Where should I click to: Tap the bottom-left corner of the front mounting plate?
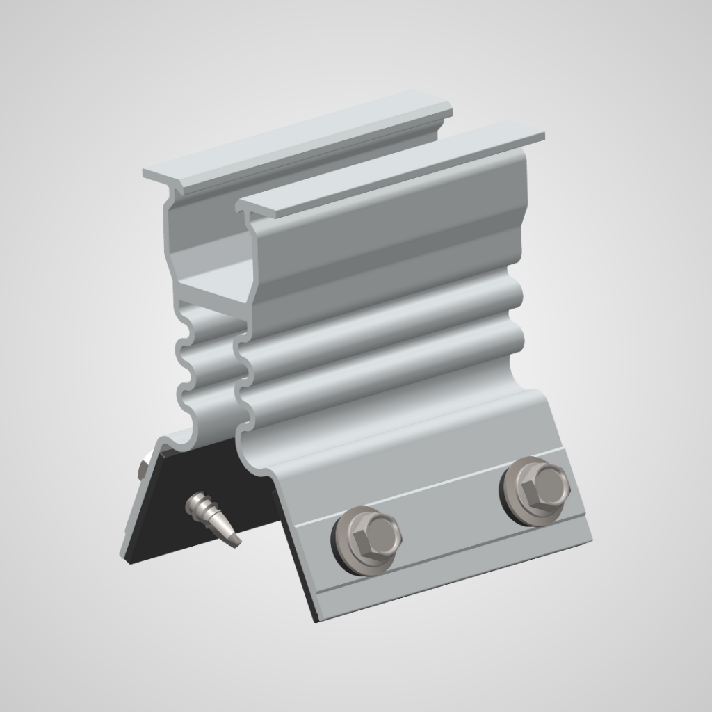click(x=317, y=617)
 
